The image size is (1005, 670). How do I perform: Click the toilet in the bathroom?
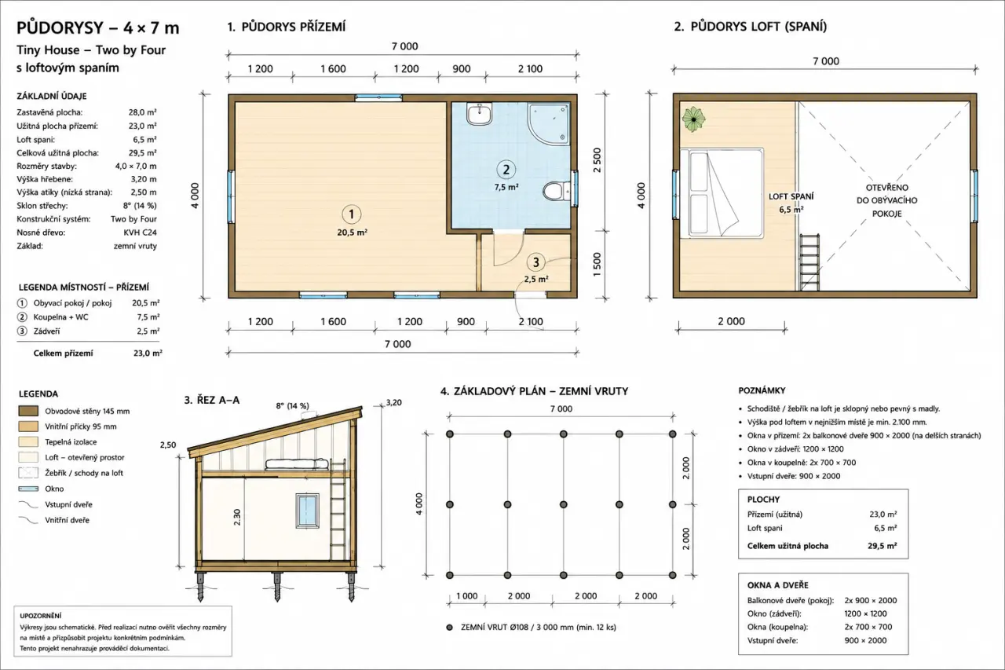click(x=557, y=191)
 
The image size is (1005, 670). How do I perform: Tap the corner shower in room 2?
click(x=549, y=124)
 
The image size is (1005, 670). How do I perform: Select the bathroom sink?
click(x=479, y=114)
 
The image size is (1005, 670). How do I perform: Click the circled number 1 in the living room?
click(x=351, y=214)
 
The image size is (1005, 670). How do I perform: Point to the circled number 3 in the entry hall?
click(x=535, y=262)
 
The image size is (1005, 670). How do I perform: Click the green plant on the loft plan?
click(x=693, y=119)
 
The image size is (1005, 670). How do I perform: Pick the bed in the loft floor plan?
click(x=722, y=193)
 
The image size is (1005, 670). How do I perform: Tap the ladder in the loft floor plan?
click(x=809, y=262)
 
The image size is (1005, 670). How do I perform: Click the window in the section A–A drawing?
click(x=307, y=511)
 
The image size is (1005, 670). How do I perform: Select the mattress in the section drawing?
click(x=297, y=464)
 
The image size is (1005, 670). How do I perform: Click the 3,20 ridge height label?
click(x=393, y=402)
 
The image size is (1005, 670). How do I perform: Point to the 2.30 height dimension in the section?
click(x=237, y=517)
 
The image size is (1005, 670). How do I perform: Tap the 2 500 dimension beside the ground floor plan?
click(x=597, y=160)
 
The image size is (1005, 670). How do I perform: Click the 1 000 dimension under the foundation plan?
click(x=466, y=596)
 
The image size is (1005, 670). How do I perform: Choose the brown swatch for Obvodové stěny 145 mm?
click(x=28, y=411)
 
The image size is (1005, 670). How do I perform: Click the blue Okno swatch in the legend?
click(x=28, y=489)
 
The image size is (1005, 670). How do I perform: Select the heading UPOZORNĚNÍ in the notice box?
click(x=40, y=616)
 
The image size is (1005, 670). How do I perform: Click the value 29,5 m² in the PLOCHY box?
click(x=882, y=546)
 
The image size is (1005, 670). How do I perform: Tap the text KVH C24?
click(x=140, y=232)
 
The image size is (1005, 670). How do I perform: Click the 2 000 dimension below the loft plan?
click(x=731, y=321)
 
